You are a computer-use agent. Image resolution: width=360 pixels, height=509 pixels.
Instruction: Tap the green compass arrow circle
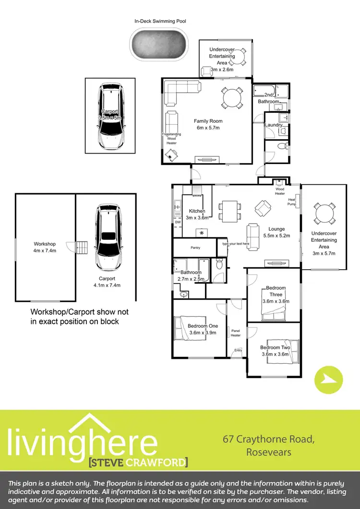[x=329, y=380]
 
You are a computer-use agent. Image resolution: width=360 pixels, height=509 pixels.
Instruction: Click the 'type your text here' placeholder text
[x=236, y=244]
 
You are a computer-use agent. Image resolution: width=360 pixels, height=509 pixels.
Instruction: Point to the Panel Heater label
[x=235, y=333]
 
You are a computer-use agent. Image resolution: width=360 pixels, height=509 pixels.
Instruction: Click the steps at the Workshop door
[x=83, y=247]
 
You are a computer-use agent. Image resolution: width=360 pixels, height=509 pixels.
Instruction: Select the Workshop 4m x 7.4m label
[x=45, y=247]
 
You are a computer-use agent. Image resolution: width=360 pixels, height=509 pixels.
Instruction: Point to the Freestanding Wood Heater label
[x=171, y=139]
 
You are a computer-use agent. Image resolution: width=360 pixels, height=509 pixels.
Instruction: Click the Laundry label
[x=274, y=125]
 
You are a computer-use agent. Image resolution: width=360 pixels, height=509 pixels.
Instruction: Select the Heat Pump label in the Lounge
[x=292, y=201]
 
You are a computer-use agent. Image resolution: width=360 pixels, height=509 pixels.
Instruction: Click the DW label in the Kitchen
[x=178, y=222]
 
